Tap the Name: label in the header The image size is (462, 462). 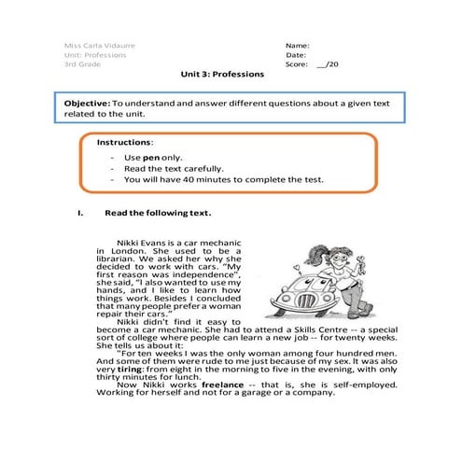click(297, 44)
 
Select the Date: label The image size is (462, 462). click(296, 55)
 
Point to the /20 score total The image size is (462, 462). click(328, 65)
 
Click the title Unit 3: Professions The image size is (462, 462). click(223, 76)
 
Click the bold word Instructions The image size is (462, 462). click(123, 142)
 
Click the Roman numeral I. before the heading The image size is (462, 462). click(80, 212)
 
